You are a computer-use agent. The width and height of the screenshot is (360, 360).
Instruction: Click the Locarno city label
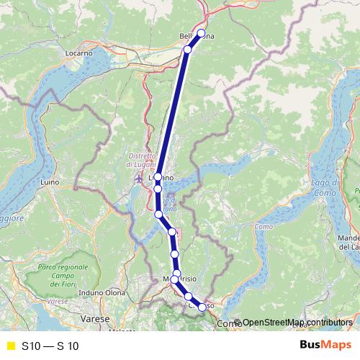click(x=78, y=53)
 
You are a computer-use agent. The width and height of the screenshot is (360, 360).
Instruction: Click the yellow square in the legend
click(x=10, y=346)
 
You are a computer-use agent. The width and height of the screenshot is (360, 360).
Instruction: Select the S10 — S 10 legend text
click(x=50, y=346)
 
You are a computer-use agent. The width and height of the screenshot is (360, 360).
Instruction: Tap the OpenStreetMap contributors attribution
click(x=292, y=323)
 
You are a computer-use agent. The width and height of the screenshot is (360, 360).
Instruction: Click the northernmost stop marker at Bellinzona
click(x=201, y=33)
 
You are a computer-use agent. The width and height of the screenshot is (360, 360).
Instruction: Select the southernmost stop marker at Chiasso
click(x=202, y=307)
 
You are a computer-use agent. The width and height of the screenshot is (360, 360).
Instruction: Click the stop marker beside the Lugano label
click(x=158, y=176)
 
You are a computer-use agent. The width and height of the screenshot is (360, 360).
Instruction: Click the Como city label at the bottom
click(x=226, y=324)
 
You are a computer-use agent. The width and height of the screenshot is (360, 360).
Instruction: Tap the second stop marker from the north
click(x=187, y=49)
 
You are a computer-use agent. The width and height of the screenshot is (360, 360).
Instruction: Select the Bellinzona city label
click(x=197, y=35)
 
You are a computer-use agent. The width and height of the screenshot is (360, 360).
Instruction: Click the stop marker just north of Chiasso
click(x=189, y=297)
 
